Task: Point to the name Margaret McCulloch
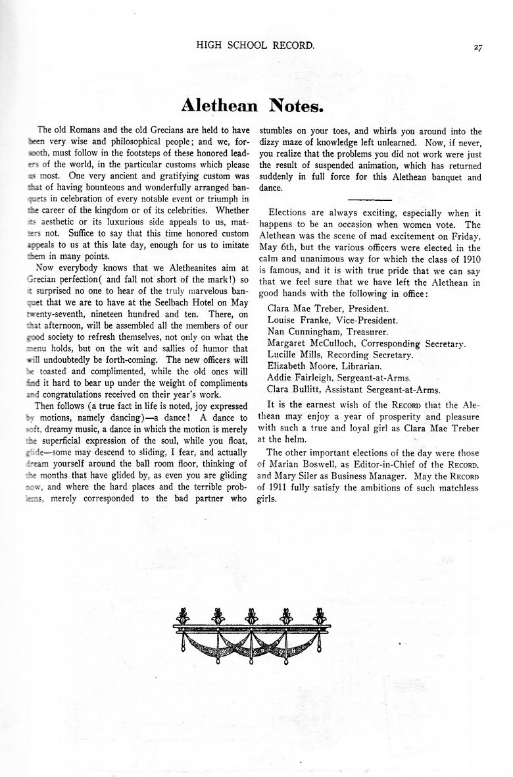[310, 343]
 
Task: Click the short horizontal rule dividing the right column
[368, 199]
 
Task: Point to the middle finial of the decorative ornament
[250, 617]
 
